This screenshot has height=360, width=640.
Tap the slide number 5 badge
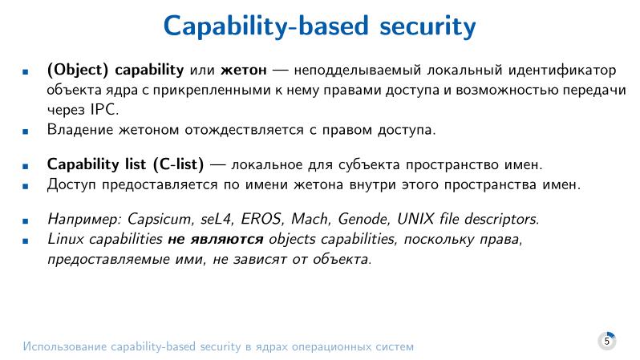(x=607, y=341)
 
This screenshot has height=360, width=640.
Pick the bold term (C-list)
(x=176, y=165)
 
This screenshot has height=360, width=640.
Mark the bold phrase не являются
(x=216, y=239)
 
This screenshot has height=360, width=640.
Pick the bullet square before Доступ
(x=26, y=186)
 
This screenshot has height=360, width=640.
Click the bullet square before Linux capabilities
(x=26, y=240)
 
